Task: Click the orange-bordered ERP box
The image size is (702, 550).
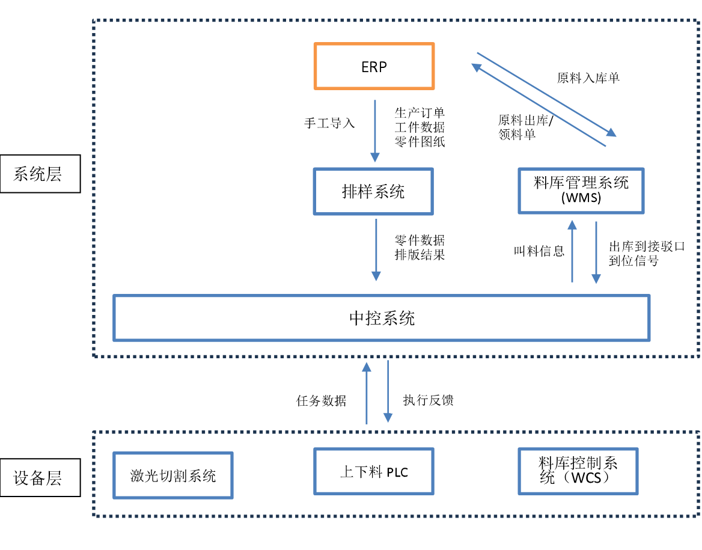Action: (x=374, y=66)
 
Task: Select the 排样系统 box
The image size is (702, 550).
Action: (x=373, y=192)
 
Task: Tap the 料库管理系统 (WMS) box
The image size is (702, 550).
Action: (x=581, y=190)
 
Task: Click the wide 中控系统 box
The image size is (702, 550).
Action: (x=382, y=318)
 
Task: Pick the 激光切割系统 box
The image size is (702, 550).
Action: (x=173, y=476)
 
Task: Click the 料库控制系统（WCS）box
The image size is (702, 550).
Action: (x=578, y=471)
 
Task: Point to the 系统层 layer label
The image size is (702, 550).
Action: (x=40, y=175)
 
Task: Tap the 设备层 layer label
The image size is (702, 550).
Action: (x=40, y=478)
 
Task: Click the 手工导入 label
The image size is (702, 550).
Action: (x=329, y=123)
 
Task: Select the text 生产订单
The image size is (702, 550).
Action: (x=420, y=112)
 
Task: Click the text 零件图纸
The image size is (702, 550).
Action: (x=420, y=142)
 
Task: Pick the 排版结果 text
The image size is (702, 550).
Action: (x=420, y=255)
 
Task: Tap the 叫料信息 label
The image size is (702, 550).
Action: (x=539, y=251)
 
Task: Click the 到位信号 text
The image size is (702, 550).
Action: (x=633, y=261)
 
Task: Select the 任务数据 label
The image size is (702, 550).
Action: (x=322, y=401)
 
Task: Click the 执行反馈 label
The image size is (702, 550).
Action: (x=428, y=400)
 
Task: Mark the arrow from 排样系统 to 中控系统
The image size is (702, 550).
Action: (x=376, y=250)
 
